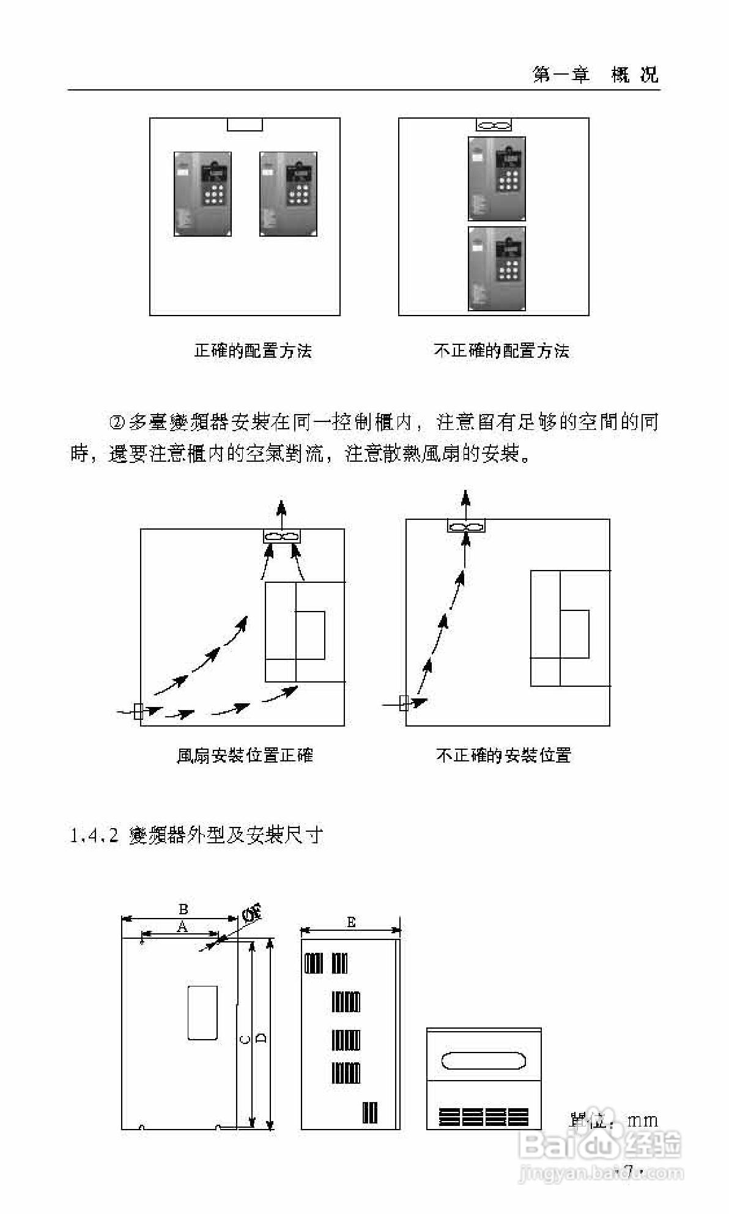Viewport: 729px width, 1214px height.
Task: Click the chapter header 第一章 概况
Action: point(595,75)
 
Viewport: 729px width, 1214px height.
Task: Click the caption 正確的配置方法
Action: point(253,351)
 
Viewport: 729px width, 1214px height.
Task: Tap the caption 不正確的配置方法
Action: point(501,351)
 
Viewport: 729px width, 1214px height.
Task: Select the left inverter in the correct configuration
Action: point(202,194)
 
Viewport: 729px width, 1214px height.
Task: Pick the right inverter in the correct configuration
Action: point(288,194)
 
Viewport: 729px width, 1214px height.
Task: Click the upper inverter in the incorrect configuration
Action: point(497,178)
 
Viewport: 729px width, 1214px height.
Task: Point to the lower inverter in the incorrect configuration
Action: point(497,269)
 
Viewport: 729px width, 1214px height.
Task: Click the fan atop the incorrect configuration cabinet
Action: point(494,125)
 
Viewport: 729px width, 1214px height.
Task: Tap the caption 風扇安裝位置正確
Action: point(245,756)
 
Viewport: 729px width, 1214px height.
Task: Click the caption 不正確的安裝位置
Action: point(503,756)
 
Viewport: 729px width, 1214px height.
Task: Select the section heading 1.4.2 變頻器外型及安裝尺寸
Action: point(196,835)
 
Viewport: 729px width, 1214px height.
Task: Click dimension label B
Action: point(183,909)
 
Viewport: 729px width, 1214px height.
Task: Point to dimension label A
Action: point(182,927)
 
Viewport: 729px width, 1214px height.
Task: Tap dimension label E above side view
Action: point(351,922)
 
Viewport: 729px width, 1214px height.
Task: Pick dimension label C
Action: point(245,1040)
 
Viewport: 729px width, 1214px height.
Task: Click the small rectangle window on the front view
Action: point(202,1012)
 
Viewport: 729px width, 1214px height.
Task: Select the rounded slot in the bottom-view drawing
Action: point(484,1061)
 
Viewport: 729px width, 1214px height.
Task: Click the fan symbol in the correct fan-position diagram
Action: point(281,536)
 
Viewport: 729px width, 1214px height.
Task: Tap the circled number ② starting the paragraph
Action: point(116,423)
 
